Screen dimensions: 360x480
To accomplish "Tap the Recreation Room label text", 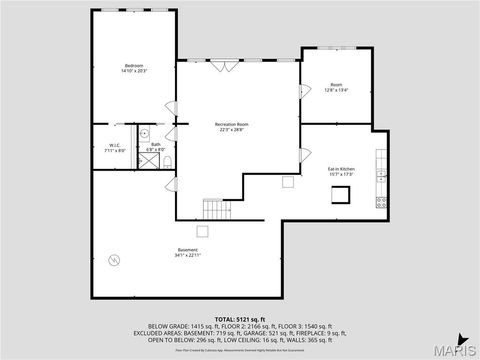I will pyautogui.click(x=232, y=126).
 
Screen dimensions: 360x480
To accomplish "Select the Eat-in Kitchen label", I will pyautogui.click(x=341, y=172).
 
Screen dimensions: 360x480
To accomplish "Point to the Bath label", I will pyautogui.click(x=156, y=147).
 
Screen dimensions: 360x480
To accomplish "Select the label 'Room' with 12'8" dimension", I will pyautogui.click(x=336, y=86).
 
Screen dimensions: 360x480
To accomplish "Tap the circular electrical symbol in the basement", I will pyautogui.click(x=114, y=261).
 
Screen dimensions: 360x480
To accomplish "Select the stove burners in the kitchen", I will pyautogui.click(x=381, y=201).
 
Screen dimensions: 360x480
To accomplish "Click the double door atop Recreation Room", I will pyautogui.click(x=224, y=66).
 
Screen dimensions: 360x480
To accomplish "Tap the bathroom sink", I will pyautogui.click(x=145, y=132).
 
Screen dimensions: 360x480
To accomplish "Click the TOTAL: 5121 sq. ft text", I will pyautogui.click(x=240, y=318).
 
